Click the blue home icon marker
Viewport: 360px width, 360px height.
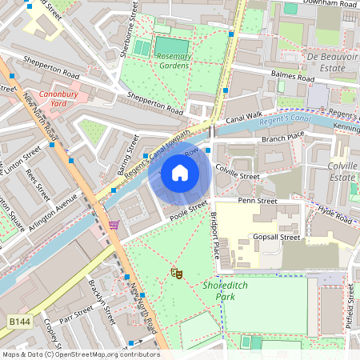tap(180, 172)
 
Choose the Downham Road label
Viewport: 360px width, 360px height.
tap(329, 4)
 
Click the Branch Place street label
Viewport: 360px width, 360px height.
tap(284, 139)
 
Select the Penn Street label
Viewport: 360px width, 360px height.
tap(256, 201)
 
